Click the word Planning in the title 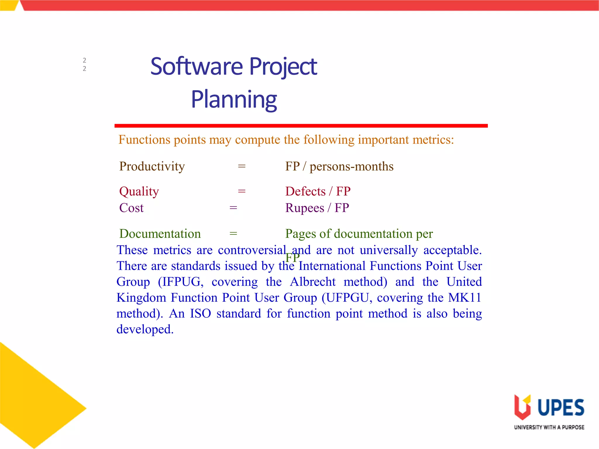(234, 99)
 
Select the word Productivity (152, 167)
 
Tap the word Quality (139, 192)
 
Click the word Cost (131, 208)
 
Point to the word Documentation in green (160, 234)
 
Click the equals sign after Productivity (242, 166)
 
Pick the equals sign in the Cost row (233, 208)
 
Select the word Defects (305, 191)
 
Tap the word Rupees (304, 208)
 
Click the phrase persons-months (351, 167)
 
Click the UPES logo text (561, 407)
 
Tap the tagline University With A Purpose (549, 427)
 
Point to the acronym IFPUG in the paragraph (181, 282)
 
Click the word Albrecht (313, 282)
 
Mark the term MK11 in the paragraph (464, 298)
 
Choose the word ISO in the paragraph (201, 314)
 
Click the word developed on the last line (145, 329)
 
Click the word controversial (252, 250)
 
